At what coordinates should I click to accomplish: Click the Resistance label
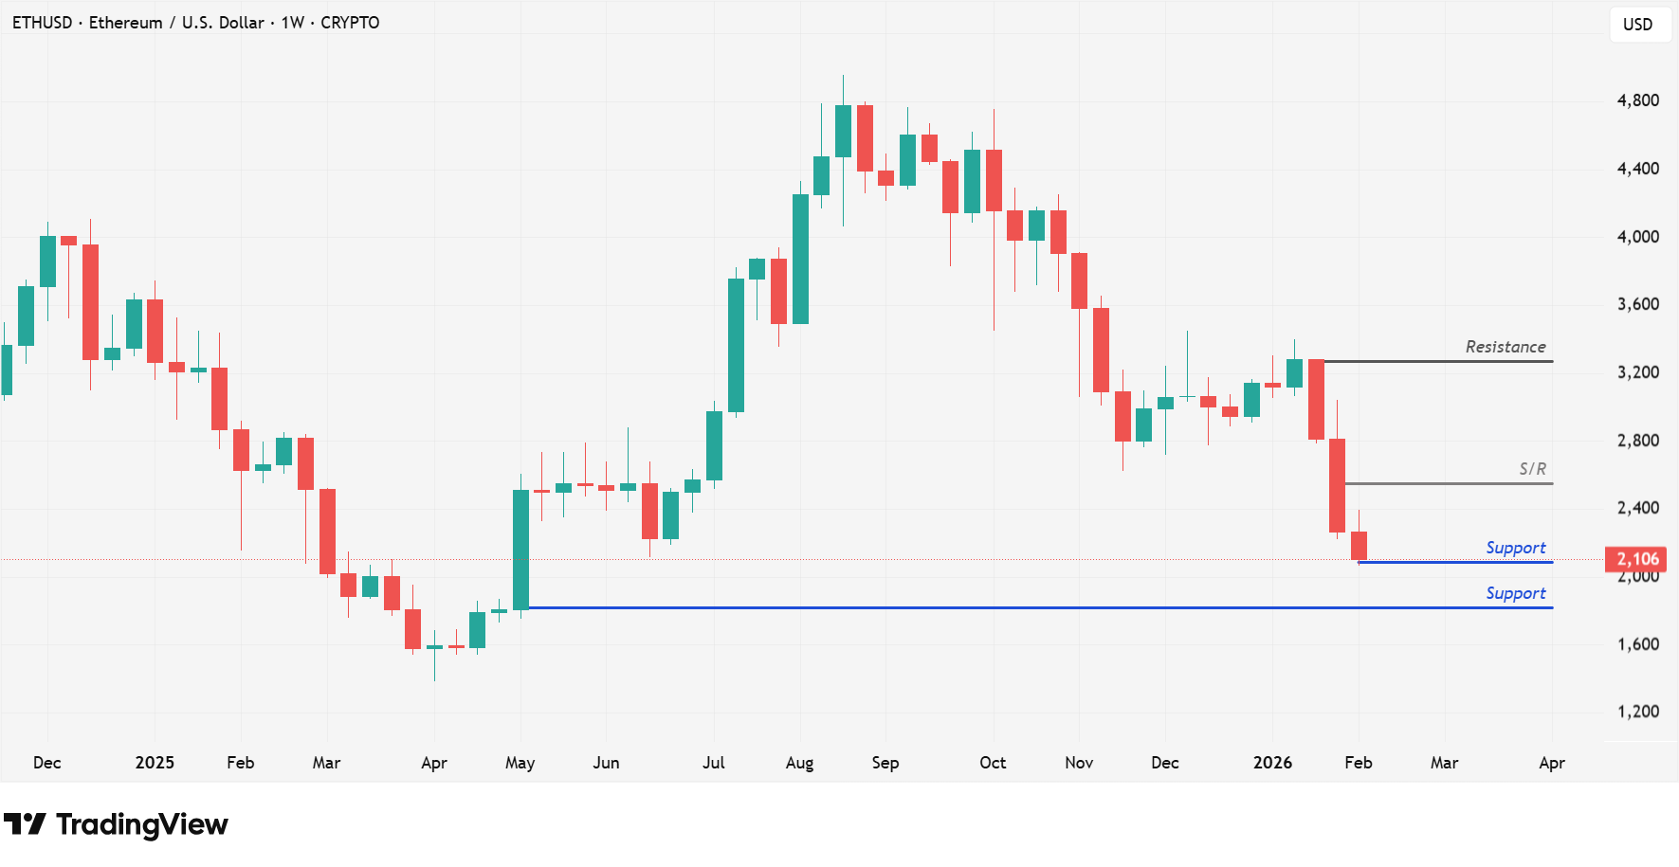[x=1505, y=347]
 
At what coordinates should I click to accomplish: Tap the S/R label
[x=1532, y=469]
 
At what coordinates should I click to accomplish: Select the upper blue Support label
[x=1515, y=548]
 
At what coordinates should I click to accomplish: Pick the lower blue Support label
[x=1515, y=593]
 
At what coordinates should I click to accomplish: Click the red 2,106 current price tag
[x=1636, y=559]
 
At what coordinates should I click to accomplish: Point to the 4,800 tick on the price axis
[x=1637, y=100]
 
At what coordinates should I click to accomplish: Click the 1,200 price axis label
[x=1637, y=712]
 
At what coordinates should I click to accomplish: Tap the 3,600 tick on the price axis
[x=1637, y=304]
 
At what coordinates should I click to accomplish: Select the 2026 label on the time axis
[x=1272, y=763]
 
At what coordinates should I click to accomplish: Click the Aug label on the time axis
[x=799, y=763]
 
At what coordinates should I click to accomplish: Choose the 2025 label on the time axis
[x=155, y=763]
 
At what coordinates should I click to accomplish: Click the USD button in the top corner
[x=1637, y=25]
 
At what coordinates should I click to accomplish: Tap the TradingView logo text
[x=141, y=824]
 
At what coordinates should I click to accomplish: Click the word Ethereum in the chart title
[x=125, y=23]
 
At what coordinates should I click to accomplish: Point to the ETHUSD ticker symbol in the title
[x=42, y=23]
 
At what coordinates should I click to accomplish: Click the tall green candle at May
[x=520, y=550]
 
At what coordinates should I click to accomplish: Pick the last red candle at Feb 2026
[x=1359, y=545]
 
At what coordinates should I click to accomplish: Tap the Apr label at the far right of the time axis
[x=1551, y=763]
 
